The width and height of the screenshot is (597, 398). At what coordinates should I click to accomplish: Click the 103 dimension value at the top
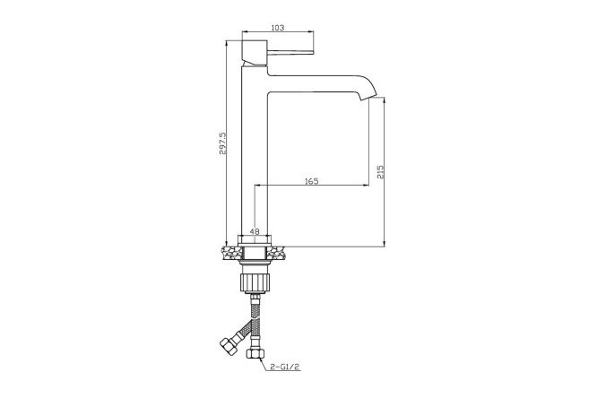278,28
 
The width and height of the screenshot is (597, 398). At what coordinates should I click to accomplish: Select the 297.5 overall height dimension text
222,143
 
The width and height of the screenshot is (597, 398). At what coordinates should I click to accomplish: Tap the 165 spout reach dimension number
311,181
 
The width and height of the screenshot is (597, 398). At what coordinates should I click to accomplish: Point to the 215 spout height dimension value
380,172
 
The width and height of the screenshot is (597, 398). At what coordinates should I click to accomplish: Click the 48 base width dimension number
255,231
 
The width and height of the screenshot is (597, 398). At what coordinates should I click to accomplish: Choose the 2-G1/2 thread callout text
285,367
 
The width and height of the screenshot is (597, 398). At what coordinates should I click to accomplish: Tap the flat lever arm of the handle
290,52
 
